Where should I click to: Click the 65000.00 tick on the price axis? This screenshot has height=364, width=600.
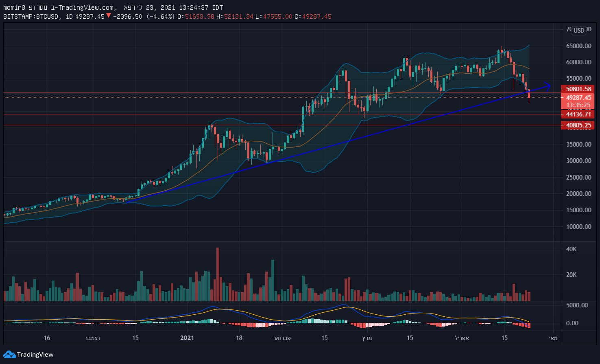pos(578,46)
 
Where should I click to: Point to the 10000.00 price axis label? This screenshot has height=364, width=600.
pos(578,227)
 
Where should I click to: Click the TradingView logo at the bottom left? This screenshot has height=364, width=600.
pos(28,355)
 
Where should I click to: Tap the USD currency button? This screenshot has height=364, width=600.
pos(578,30)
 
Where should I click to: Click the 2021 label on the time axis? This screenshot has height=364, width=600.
pos(187,338)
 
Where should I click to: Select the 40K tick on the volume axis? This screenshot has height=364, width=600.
pos(571,249)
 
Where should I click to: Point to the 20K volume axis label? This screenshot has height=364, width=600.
pos(571,275)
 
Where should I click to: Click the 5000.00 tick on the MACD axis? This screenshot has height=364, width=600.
pos(577,305)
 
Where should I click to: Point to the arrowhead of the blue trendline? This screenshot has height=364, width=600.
pos(550,86)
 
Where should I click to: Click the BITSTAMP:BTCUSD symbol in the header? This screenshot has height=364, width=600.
pos(32,17)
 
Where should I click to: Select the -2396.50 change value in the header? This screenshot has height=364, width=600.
pos(127,17)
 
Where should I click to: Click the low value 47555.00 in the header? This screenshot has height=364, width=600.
pos(277,17)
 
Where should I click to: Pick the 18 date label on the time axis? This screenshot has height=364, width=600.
pos(239,338)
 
